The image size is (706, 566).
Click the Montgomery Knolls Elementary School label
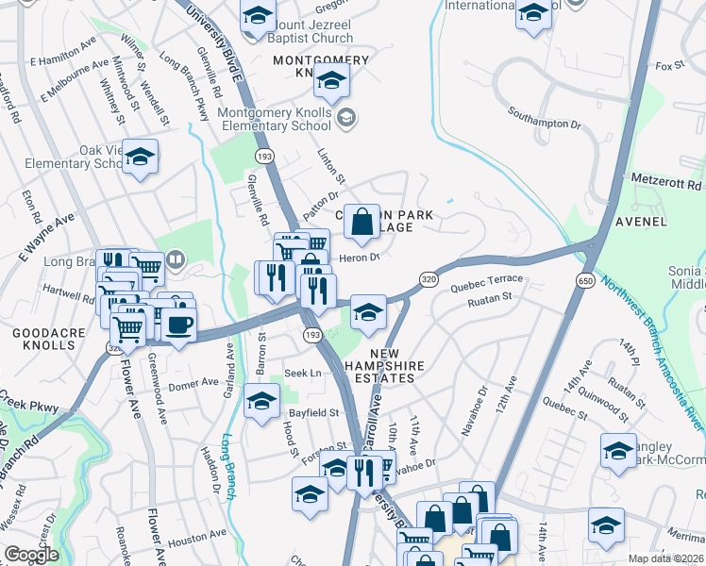275,119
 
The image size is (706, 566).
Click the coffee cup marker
178,325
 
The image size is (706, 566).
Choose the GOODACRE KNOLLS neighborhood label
43,339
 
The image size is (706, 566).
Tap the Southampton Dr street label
544,123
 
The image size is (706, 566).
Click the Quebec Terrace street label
486,280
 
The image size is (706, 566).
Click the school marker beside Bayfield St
261,402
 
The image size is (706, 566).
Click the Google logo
31,556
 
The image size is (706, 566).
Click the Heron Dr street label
359,257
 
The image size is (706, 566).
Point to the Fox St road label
669,66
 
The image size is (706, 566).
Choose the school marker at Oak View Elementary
140,158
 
